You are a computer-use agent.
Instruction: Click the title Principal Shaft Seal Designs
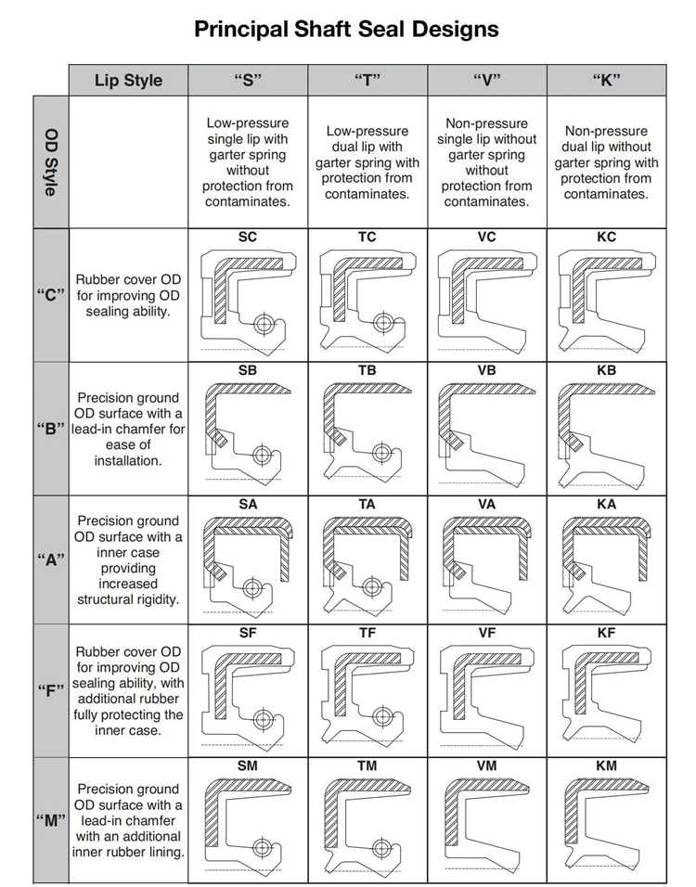pyautogui.click(x=346, y=29)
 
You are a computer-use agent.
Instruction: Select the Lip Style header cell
pyautogui.click(x=128, y=80)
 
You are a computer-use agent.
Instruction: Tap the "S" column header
pyautogui.click(x=248, y=80)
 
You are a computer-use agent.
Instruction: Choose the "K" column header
pyautogui.click(x=607, y=80)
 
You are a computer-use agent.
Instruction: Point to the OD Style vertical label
pyautogui.click(x=51, y=162)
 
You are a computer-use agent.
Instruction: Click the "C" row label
pyautogui.click(x=51, y=295)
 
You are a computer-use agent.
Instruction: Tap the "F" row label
pyautogui.click(x=51, y=690)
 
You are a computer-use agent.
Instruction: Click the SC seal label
pyautogui.click(x=248, y=237)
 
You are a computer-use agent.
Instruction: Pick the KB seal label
pyautogui.click(x=607, y=370)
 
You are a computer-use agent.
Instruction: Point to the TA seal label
pyautogui.click(x=367, y=504)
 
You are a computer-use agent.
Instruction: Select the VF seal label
pyautogui.click(x=486, y=633)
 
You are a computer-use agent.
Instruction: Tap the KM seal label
pyautogui.click(x=607, y=765)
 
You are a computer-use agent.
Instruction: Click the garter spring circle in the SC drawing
pyautogui.click(x=264, y=324)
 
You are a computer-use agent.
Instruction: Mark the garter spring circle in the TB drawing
pyautogui.click(x=381, y=453)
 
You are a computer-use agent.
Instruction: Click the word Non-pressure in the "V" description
pyautogui.click(x=486, y=123)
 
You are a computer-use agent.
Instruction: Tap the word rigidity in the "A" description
pyautogui.click(x=154, y=599)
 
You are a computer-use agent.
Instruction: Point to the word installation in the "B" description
pyautogui.click(x=128, y=461)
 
